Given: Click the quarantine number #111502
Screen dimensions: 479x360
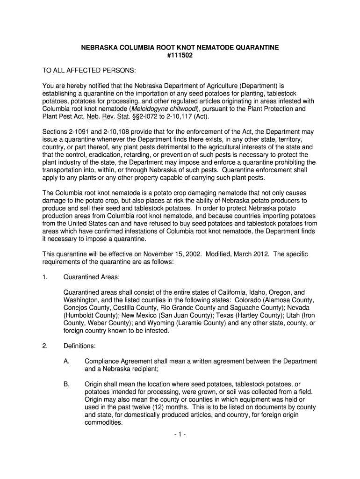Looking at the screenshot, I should click(180, 56).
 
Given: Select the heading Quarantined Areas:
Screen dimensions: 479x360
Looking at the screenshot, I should click(90, 277).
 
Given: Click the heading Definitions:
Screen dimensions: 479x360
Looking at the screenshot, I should click(79, 346).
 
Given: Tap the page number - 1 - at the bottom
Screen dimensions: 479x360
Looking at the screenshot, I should click(180, 434).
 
